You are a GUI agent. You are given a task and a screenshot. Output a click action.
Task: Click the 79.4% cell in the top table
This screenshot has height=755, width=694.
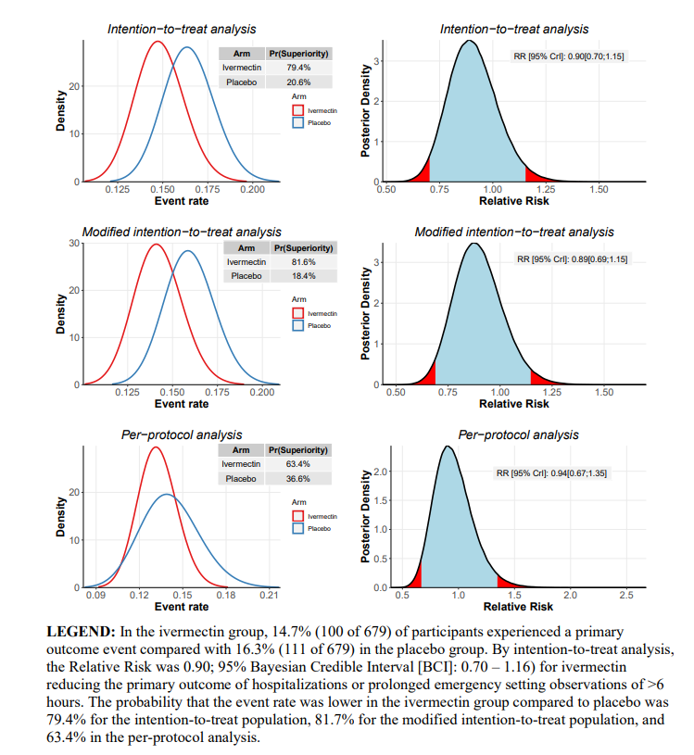298,68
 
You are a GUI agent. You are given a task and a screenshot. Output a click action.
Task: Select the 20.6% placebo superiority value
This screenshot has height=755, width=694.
298,82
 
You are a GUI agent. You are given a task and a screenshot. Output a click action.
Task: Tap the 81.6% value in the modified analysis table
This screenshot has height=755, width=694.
304,262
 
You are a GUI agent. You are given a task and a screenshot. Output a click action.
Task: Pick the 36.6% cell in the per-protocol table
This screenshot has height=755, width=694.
298,478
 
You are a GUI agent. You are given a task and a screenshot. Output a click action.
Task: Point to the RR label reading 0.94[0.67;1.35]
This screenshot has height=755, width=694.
553,473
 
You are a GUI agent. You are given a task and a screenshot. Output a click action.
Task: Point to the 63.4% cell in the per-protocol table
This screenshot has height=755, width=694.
298,463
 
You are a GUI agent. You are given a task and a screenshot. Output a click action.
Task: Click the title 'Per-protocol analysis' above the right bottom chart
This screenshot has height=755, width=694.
518,434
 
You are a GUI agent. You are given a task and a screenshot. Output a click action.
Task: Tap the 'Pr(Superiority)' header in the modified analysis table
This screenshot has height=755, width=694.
304,248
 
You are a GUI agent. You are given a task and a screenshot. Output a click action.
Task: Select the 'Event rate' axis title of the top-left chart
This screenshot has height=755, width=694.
182,201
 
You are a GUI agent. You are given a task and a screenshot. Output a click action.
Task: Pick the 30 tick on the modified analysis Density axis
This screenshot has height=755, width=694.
74,244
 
